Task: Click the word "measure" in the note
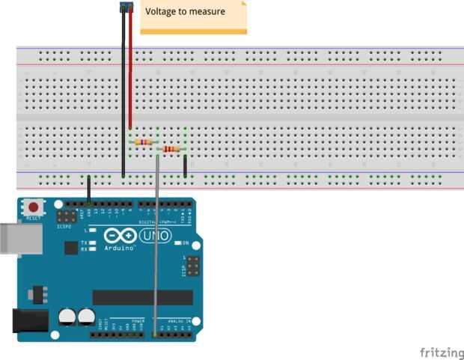pos(210,11)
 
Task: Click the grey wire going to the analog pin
pos(156,247)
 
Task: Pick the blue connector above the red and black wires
pos(126,7)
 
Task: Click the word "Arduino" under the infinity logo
pos(119,247)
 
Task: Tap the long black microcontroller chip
pos(142,297)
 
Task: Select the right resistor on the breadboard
pos(171,149)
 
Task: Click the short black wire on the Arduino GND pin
pos(89,189)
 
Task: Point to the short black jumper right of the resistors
pos(184,166)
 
